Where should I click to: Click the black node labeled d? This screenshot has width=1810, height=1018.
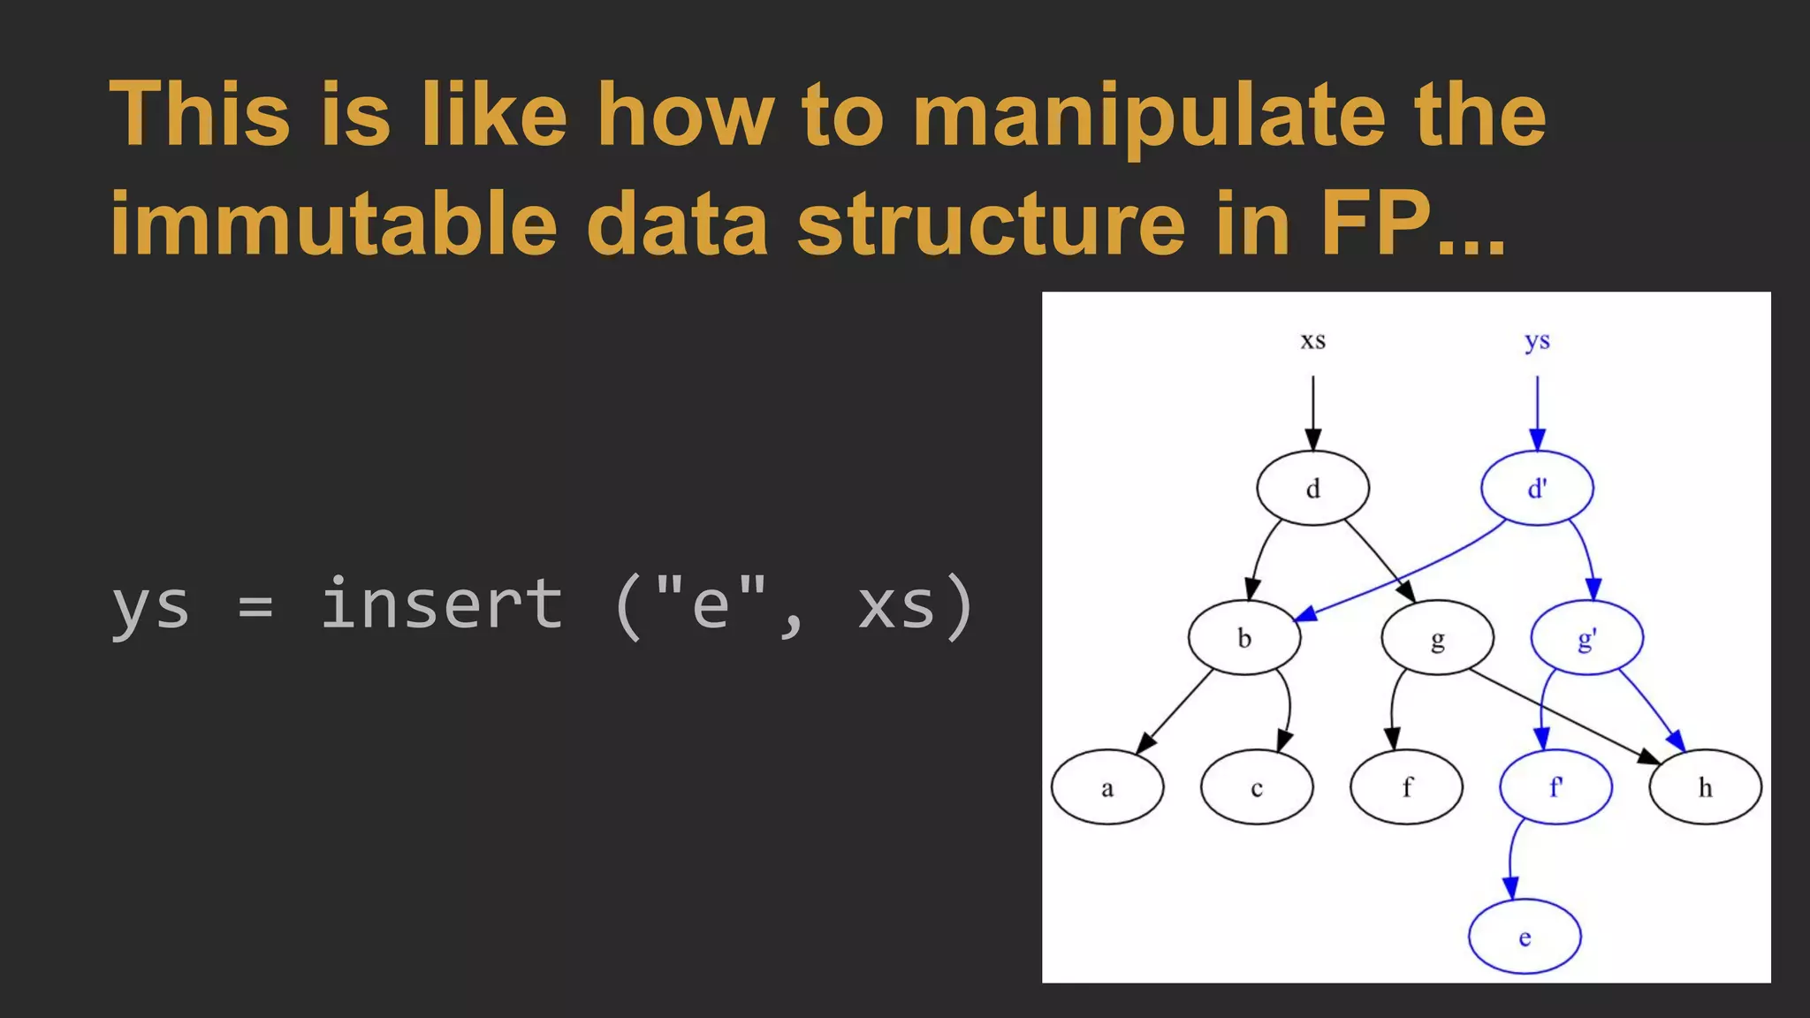point(1312,488)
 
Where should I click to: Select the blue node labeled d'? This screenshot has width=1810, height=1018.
point(1537,488)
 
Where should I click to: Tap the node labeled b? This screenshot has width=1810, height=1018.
point(1243,637)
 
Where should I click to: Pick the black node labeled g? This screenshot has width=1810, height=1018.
point(1437,637)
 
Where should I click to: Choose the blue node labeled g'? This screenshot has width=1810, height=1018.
point(1586,637)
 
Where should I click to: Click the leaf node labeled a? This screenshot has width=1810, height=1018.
point(1107,787)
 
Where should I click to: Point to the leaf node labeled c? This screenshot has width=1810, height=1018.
point(1256,787)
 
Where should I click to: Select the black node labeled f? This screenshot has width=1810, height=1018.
point(1406,787)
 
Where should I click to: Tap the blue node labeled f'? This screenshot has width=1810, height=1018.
point(1555,787)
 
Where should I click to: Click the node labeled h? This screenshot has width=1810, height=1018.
point(1705,787)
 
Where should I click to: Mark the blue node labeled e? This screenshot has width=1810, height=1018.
point(1525,937)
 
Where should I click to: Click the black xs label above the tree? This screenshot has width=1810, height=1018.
point(1312,340)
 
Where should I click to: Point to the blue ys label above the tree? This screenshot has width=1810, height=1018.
point(1537,340)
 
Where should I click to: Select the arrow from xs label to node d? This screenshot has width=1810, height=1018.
point(1312,411)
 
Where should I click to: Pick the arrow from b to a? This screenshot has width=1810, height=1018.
point(1175,711)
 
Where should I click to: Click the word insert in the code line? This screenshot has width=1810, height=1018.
point(441,604)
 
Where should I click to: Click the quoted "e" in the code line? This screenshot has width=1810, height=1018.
point(712,604)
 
